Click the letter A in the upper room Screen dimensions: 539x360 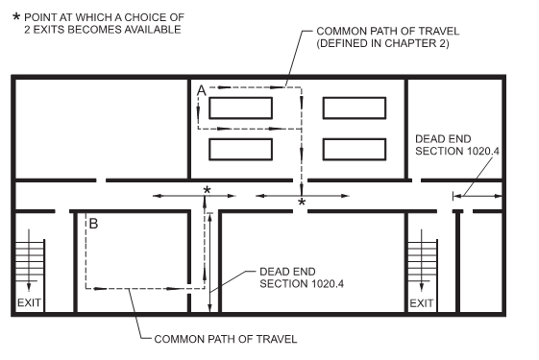tap(201, 91)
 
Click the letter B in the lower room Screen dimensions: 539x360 tap(93, 224)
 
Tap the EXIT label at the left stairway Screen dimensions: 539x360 tap(29, 302)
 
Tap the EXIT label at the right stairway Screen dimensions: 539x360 tap(422, 303)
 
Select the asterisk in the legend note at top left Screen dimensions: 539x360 tap(16, 16)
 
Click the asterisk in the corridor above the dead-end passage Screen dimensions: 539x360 tap(207, 190)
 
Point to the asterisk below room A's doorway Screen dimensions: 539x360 tap(302, 202)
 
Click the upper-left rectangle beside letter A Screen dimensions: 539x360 tap(240, 108)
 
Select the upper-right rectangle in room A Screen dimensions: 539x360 tap(355, 108)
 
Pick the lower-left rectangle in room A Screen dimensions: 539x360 tap(240, 150)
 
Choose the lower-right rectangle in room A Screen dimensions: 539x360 tap(355, 150)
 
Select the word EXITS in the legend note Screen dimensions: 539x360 tap(47, 30)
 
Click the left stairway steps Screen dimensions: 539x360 tap(30, 261)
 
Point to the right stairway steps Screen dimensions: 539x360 tap(422, 262)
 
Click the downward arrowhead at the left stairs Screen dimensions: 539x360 tap(29, 287)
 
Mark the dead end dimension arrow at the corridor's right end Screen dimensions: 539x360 tap(478, 196)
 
